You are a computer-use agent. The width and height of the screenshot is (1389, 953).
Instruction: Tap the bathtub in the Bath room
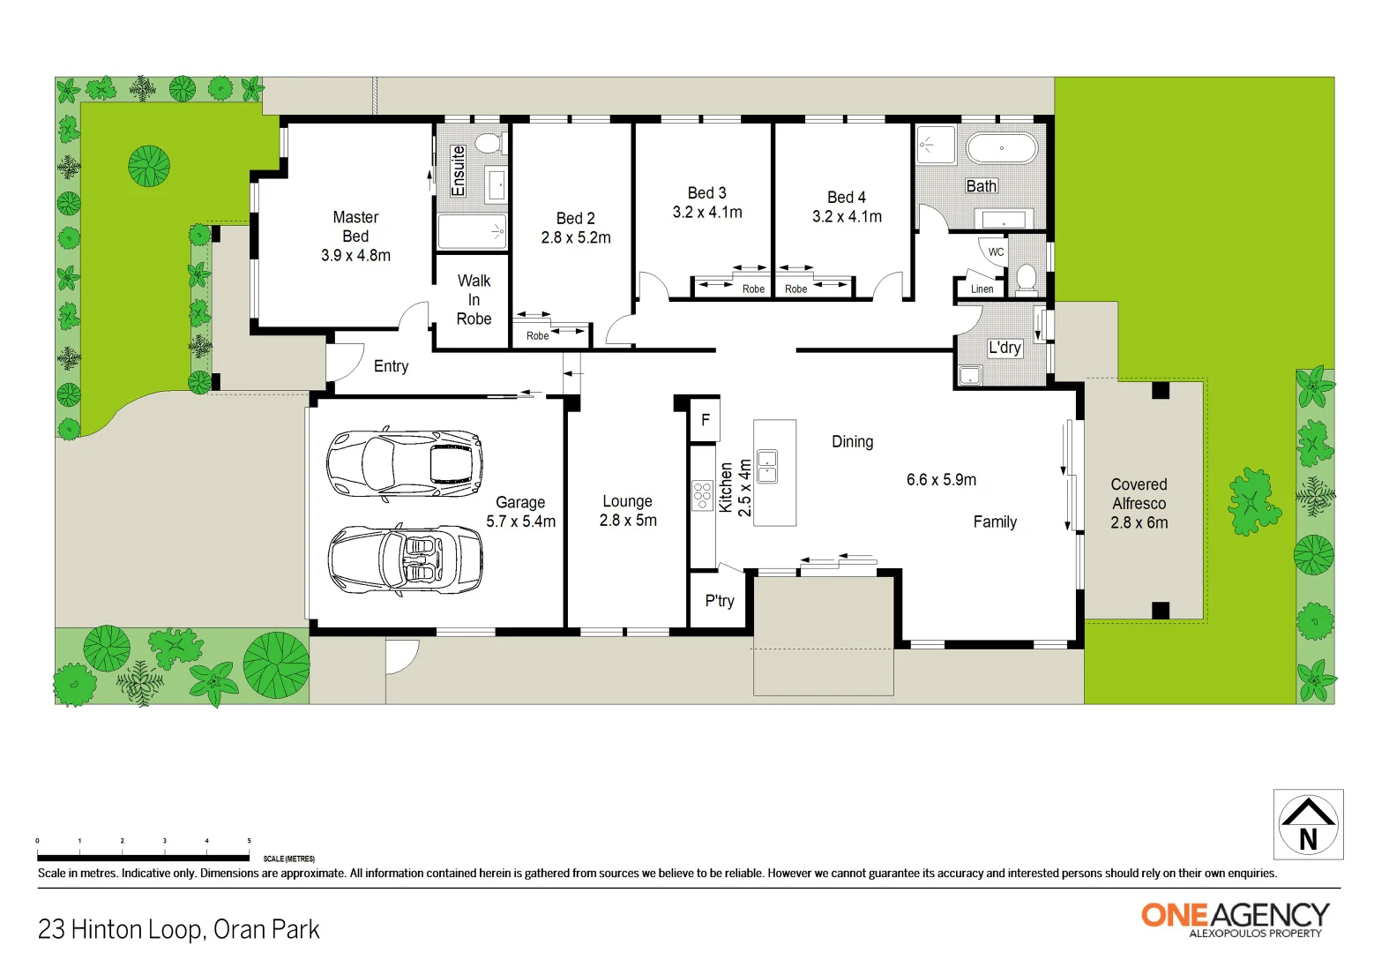(x=1001, y=148)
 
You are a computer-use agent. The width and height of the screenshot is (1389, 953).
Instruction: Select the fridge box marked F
(x=705, y=420)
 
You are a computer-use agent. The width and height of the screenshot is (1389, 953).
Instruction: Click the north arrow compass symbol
(x=1308, y=824)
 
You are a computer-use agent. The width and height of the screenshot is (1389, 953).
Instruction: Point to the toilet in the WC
(x=1026, y=278)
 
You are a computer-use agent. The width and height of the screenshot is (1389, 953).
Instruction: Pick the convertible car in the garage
(x=405, y=560)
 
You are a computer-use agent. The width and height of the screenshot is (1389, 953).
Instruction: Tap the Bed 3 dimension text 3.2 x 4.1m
(x=707, y=213)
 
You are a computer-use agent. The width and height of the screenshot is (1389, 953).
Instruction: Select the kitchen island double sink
(x=767, y=466)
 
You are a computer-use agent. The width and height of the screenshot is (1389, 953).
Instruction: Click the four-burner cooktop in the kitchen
(x=702, y=496)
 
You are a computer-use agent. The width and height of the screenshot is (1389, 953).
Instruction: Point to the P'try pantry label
(x=720, y=601)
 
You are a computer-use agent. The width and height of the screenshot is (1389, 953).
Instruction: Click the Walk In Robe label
(x=474, y=300)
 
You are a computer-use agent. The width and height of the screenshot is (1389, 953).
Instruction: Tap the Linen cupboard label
(x=982, y=289)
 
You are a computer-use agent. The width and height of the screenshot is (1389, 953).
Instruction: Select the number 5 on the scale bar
(x=249, y=841)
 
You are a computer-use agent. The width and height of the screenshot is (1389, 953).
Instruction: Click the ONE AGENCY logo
(x=1235, y=918)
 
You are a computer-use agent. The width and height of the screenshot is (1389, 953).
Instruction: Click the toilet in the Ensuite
(x=488, y=143)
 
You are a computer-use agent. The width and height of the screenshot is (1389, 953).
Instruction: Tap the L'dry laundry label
(x=1004, y=348)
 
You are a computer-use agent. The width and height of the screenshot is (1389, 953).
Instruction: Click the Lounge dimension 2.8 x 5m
(x=628, y=521)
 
